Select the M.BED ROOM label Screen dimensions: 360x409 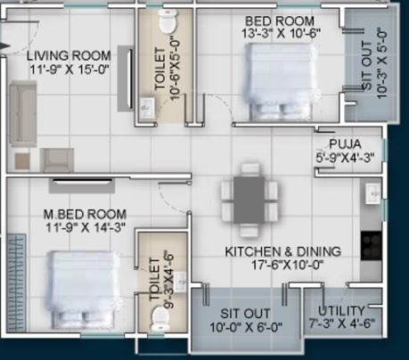(x=85, y=214)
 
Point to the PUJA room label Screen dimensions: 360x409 (x=344, y=142)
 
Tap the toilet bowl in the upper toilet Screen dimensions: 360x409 (x=167, y=20)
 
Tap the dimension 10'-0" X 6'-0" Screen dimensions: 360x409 (x=245, y=326)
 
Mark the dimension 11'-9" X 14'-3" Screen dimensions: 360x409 (x=85, y=227)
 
